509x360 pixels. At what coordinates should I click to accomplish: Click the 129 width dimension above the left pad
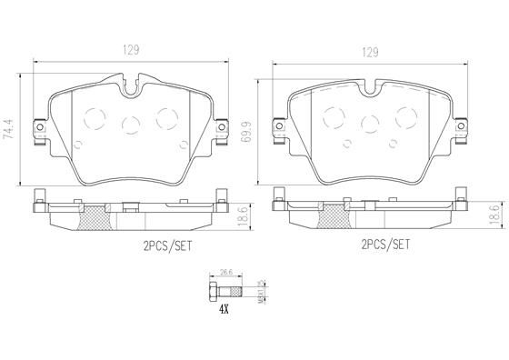pos(132,51)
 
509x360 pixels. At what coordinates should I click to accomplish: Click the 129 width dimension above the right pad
pos(370,52)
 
